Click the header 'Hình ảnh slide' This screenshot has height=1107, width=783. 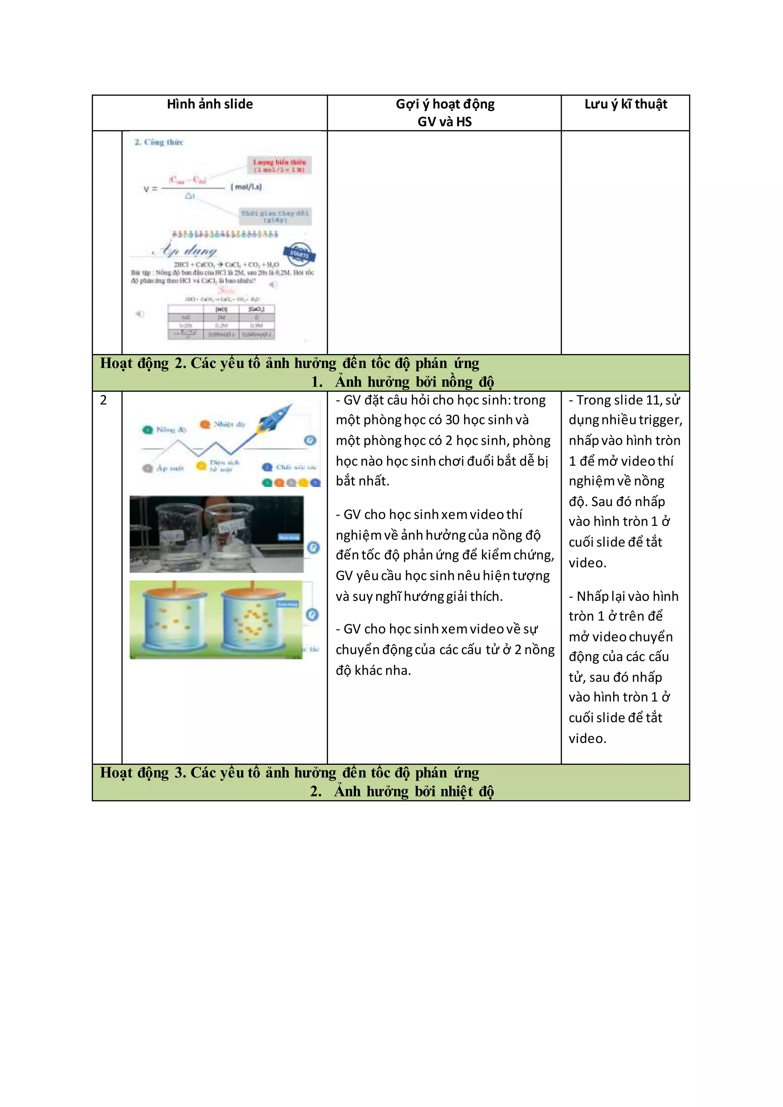(210, 104)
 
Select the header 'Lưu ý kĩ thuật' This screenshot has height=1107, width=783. (625, 104)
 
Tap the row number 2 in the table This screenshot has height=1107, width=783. (103, 400)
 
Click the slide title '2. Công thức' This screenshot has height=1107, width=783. (159, 142)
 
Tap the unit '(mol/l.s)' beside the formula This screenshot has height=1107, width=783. (246, 187)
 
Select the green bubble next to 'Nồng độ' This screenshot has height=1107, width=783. (147, 430)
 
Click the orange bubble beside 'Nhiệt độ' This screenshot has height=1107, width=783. (205, 424)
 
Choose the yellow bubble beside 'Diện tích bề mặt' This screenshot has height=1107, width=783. (201, 466)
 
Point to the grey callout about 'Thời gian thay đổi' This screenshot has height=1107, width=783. (275, 216)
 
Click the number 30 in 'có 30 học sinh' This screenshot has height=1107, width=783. (452, 420)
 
